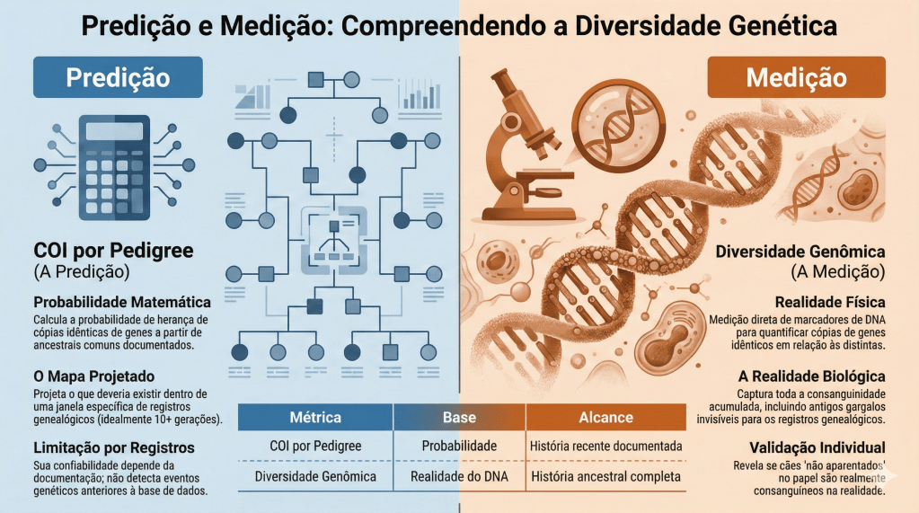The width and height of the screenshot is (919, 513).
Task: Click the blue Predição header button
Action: pos(118,77)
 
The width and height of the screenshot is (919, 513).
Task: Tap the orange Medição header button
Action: pos(796,77)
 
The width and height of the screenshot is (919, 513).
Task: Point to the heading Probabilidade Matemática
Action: pos(122,302)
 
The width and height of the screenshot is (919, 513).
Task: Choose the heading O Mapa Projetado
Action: pos(93,376)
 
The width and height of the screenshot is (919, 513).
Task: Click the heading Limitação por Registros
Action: pos(114,447)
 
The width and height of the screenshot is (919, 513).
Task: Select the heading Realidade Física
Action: pos(830,303)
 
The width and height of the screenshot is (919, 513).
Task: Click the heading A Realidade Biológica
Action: pos(810,376)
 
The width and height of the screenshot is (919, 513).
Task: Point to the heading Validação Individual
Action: pos(817,447)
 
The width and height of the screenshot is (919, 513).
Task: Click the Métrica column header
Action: pos(315,418)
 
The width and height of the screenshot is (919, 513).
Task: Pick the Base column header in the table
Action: pos(459,418)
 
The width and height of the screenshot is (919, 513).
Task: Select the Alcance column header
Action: pos(605,418)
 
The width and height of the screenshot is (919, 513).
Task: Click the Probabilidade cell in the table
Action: pos(459,446)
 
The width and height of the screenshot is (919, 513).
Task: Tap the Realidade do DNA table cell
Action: pos(459,476)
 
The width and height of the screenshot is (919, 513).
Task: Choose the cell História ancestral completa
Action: pos(605,476)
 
